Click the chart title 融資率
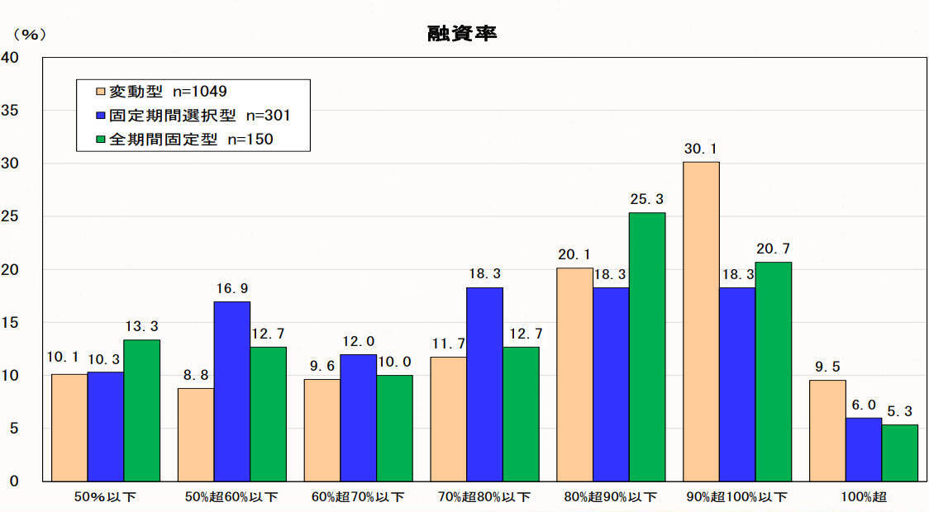click(x=463, y=34)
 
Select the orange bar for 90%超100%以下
click(x=701, y=321)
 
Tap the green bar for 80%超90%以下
click(x=647, y=347)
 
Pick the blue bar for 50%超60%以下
click(x=231, y=391)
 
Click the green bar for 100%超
click(x=900, y=453)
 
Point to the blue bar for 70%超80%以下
click(x=484, y=384)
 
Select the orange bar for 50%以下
click(x=69, y=427)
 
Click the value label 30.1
click(x=701, y=149)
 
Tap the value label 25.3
click(x=647, y=200)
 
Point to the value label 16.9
click(x=231, y=289)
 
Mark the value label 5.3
click(x=900, y=412)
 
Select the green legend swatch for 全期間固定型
click(x=101, y=140)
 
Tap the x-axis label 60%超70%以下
click(x=358, y=497)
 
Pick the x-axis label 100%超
click(x=864, y=497)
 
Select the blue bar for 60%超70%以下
click(x=358, y=418)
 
